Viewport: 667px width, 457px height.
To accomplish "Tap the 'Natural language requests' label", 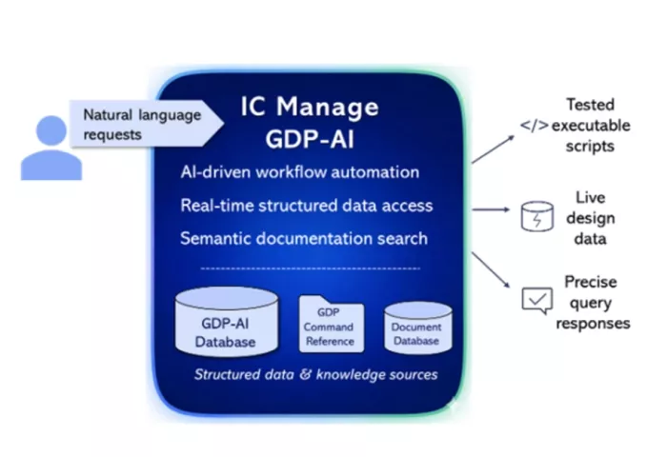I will click(142, 124).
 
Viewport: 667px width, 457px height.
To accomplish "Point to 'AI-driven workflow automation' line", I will click(299, 172).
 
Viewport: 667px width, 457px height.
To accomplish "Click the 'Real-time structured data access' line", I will click(306, 205).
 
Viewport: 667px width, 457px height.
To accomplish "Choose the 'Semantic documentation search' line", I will click(303, 237).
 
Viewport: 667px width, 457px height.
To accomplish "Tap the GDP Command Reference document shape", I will click(329, 325).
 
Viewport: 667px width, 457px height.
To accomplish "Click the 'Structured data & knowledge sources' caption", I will click(315, 374).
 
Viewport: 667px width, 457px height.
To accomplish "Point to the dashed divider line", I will click(310, 268).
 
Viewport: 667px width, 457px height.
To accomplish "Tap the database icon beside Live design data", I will click(536, 217).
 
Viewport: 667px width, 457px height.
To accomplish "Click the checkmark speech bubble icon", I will click(536, 302).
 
